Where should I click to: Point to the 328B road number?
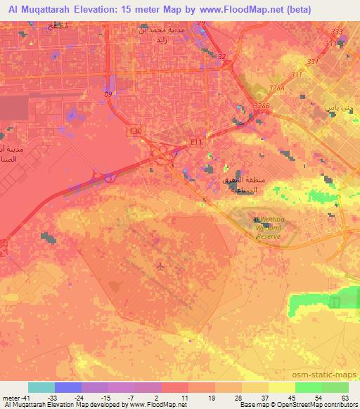pyautogui.click(x=262, y=106)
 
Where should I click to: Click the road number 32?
pyautogui.click(x=222, y=57)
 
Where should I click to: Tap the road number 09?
pyautogui.click(x=108, y=93)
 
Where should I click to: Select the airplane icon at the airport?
pyautogui.click(x=163, y=266)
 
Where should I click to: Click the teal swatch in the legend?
pyautogui.click(x=41, y=387)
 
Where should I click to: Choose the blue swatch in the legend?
pyautogui.click(x=68, y=387)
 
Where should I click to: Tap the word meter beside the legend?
pyautogui.click(x=8, y=397)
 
